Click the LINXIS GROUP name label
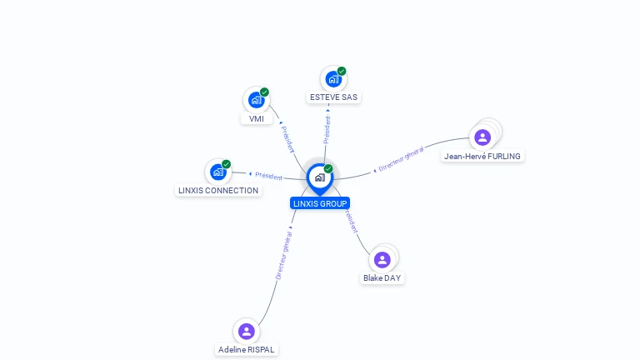320,203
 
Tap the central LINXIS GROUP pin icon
319,177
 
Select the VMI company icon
256,100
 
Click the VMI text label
257,118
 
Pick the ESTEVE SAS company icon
333,79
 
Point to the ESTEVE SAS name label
333,97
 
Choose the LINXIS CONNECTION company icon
218,172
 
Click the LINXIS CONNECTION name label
218,190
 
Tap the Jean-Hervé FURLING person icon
482,137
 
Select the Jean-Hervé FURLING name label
482,156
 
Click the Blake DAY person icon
382,260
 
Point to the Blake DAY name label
382,278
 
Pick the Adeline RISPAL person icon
246,332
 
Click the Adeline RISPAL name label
246,350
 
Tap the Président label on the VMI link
287,138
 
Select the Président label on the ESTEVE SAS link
327,129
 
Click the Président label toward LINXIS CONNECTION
269,176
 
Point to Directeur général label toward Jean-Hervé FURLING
401,159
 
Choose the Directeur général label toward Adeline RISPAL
284,254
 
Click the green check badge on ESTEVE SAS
342,71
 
